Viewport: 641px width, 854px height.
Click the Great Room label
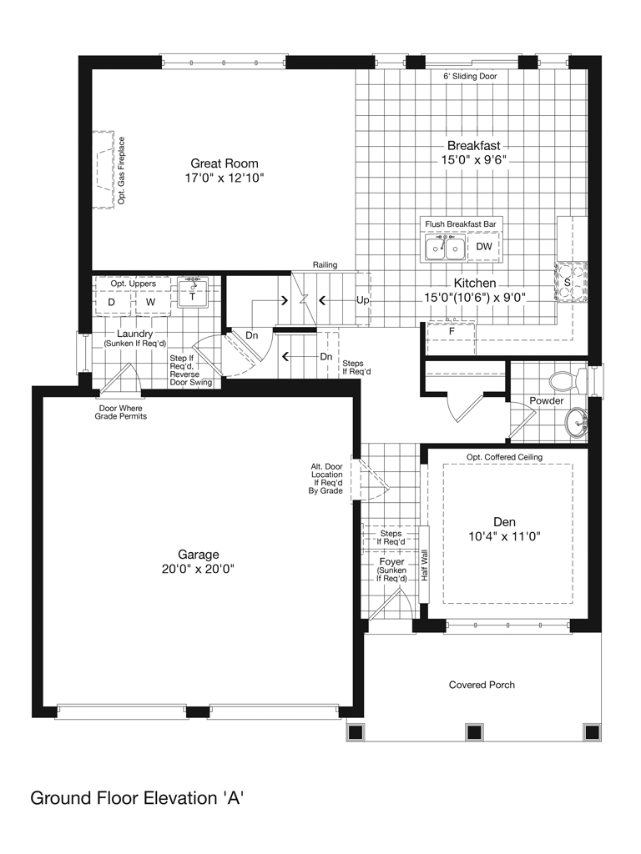click(x=224, y=163)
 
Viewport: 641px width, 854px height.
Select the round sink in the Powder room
click(x=576, y=421)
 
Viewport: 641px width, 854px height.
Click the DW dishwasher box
click(x=483, y=247)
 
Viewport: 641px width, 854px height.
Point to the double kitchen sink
click(x=446, y=248)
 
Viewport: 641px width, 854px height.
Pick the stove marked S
click(x=571, y=282)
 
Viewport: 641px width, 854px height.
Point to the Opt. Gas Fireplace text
click(x=122, y=170)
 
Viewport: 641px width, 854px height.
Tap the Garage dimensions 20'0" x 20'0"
click(x=198, y=569)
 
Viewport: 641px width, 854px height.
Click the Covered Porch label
click(x=482, y=686)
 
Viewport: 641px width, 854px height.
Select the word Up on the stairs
click(x=362, y=300)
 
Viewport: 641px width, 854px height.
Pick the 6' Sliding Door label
click(x=470, y=76)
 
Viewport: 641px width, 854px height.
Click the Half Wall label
click(x=425, y=565)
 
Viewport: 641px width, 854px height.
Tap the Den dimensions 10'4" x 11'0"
click(x=504, y=536)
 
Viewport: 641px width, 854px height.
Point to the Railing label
click(x=325, y=264)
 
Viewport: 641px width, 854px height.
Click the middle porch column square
click(x=474, y=731)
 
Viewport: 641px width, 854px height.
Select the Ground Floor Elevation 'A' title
click(x=137, y=798)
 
